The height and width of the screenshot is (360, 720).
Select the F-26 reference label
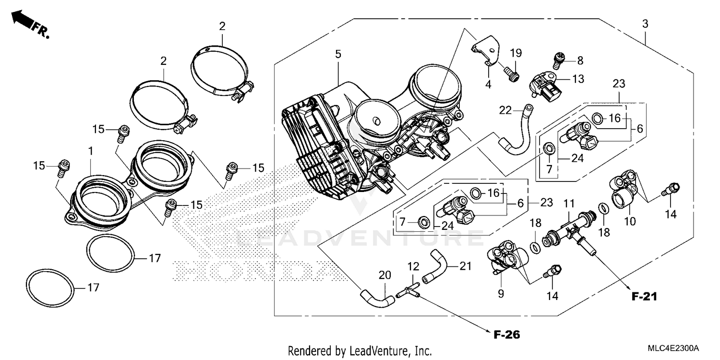click(506, 334)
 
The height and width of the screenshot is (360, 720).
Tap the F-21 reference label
click(643, 297)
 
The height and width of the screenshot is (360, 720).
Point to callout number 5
click(338, 54)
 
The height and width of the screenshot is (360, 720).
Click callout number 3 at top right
click(646, 24)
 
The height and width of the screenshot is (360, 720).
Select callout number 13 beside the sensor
click(578, 79)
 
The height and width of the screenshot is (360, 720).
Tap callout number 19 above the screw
click(516, 52)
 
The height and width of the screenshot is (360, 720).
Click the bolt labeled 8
click(558, 60)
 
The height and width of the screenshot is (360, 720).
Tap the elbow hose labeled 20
click(377, 296)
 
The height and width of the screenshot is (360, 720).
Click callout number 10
click(629, 221)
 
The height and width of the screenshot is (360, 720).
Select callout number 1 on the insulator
click(90, 151)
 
